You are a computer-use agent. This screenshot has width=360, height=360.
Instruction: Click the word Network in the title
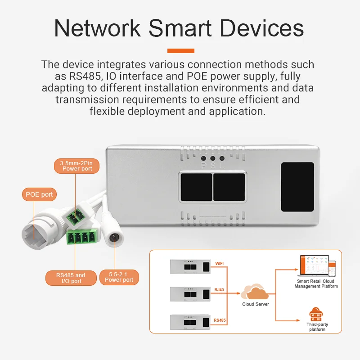96,28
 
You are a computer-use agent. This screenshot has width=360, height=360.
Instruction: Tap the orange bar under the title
180,51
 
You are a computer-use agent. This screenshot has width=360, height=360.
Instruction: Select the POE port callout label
39,195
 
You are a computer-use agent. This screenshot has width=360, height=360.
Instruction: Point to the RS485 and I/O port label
71,278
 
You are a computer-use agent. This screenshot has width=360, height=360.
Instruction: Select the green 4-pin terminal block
82,237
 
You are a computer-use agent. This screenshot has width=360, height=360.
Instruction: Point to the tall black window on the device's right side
297,187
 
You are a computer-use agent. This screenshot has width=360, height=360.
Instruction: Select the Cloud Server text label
255,304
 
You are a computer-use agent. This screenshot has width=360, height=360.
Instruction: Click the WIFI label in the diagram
220,264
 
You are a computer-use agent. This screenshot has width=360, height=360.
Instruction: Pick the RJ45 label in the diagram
220,290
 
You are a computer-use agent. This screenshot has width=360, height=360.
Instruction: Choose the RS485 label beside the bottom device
220,320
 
